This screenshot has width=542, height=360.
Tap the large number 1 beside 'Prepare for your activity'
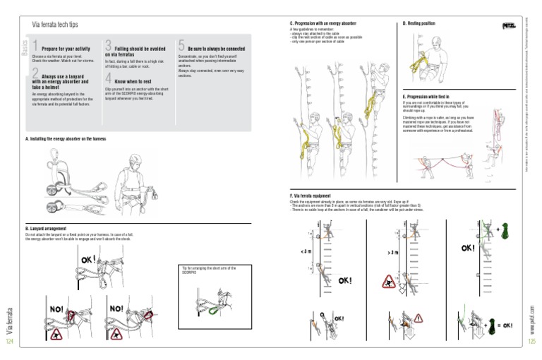point(35,47)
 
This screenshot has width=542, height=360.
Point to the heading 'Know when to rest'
point(133,82)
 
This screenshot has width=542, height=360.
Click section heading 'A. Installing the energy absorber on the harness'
point(66,139)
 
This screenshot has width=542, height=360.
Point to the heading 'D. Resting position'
point(418,23)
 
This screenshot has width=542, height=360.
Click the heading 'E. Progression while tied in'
point(426,96)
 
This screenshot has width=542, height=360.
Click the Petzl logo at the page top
point(508,26)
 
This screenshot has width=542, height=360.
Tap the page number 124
point(9,341)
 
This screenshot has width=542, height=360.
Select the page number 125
point(532,341)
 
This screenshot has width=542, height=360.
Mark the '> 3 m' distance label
point(392,251)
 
